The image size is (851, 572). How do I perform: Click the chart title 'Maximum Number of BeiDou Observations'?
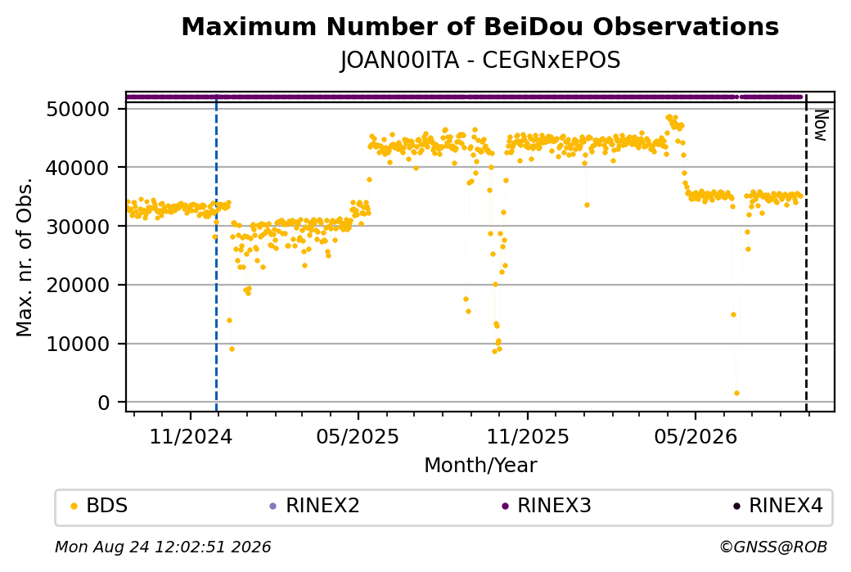480,26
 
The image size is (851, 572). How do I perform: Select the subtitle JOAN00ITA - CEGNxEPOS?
480,61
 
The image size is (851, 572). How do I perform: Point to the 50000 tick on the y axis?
79,109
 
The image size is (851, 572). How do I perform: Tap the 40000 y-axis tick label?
79,168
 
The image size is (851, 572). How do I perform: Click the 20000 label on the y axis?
79,285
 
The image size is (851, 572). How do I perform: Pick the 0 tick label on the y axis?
104,403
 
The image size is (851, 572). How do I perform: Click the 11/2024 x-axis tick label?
191,437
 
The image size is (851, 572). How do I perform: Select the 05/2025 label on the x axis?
358,437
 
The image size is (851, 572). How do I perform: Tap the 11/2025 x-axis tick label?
528,437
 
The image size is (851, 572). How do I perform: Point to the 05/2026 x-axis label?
696,437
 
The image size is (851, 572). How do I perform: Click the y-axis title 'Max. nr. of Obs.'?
25,257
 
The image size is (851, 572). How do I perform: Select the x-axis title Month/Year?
480,465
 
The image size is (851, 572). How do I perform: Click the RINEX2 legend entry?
315,506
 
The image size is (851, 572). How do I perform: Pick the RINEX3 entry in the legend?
547,506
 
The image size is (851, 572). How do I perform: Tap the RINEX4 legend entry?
778,506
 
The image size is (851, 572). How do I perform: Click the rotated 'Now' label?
821,125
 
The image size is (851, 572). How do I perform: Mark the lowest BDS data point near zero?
736,394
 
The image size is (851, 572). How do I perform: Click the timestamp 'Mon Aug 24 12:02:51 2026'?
163,547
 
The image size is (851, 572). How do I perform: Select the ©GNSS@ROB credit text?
773,547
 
